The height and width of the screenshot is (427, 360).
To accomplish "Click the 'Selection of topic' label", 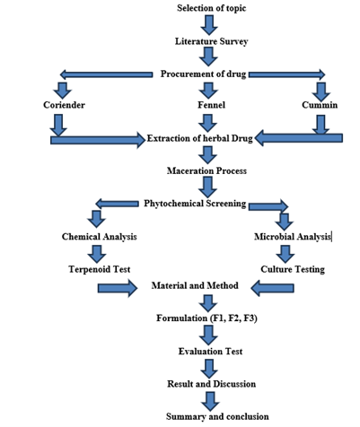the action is point(211,8).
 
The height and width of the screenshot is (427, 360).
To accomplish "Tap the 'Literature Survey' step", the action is point(211,41).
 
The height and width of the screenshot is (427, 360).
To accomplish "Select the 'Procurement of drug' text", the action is point(203,74).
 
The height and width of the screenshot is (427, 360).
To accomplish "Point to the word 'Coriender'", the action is point(64,105).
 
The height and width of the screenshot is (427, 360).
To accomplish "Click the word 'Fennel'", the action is point(211,105).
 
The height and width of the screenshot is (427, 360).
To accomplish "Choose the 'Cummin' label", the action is point(320,105).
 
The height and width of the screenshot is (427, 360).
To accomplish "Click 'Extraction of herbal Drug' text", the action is point(200,139).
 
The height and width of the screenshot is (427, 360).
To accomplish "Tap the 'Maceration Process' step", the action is point(206,170).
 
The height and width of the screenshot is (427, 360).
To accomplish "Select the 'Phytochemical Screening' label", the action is point(195,204).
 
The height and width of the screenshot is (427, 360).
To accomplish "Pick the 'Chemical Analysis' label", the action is point(100,237).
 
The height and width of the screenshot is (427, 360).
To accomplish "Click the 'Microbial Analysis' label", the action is point(293,237).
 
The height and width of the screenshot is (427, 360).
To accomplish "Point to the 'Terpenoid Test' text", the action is point(100,269).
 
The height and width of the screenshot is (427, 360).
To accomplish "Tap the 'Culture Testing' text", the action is point(293,269).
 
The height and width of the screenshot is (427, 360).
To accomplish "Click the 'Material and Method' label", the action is point(195,285).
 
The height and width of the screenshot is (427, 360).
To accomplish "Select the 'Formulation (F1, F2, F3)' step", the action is point(206,318).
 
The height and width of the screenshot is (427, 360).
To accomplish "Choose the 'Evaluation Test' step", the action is point(210,351).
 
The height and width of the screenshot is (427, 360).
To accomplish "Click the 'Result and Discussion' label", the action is point(211,384).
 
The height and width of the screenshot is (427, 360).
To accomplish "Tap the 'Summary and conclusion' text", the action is point(217,416).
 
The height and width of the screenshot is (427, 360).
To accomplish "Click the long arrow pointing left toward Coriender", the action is point(106,74).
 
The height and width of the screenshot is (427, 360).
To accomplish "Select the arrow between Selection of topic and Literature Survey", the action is point(209,25).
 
